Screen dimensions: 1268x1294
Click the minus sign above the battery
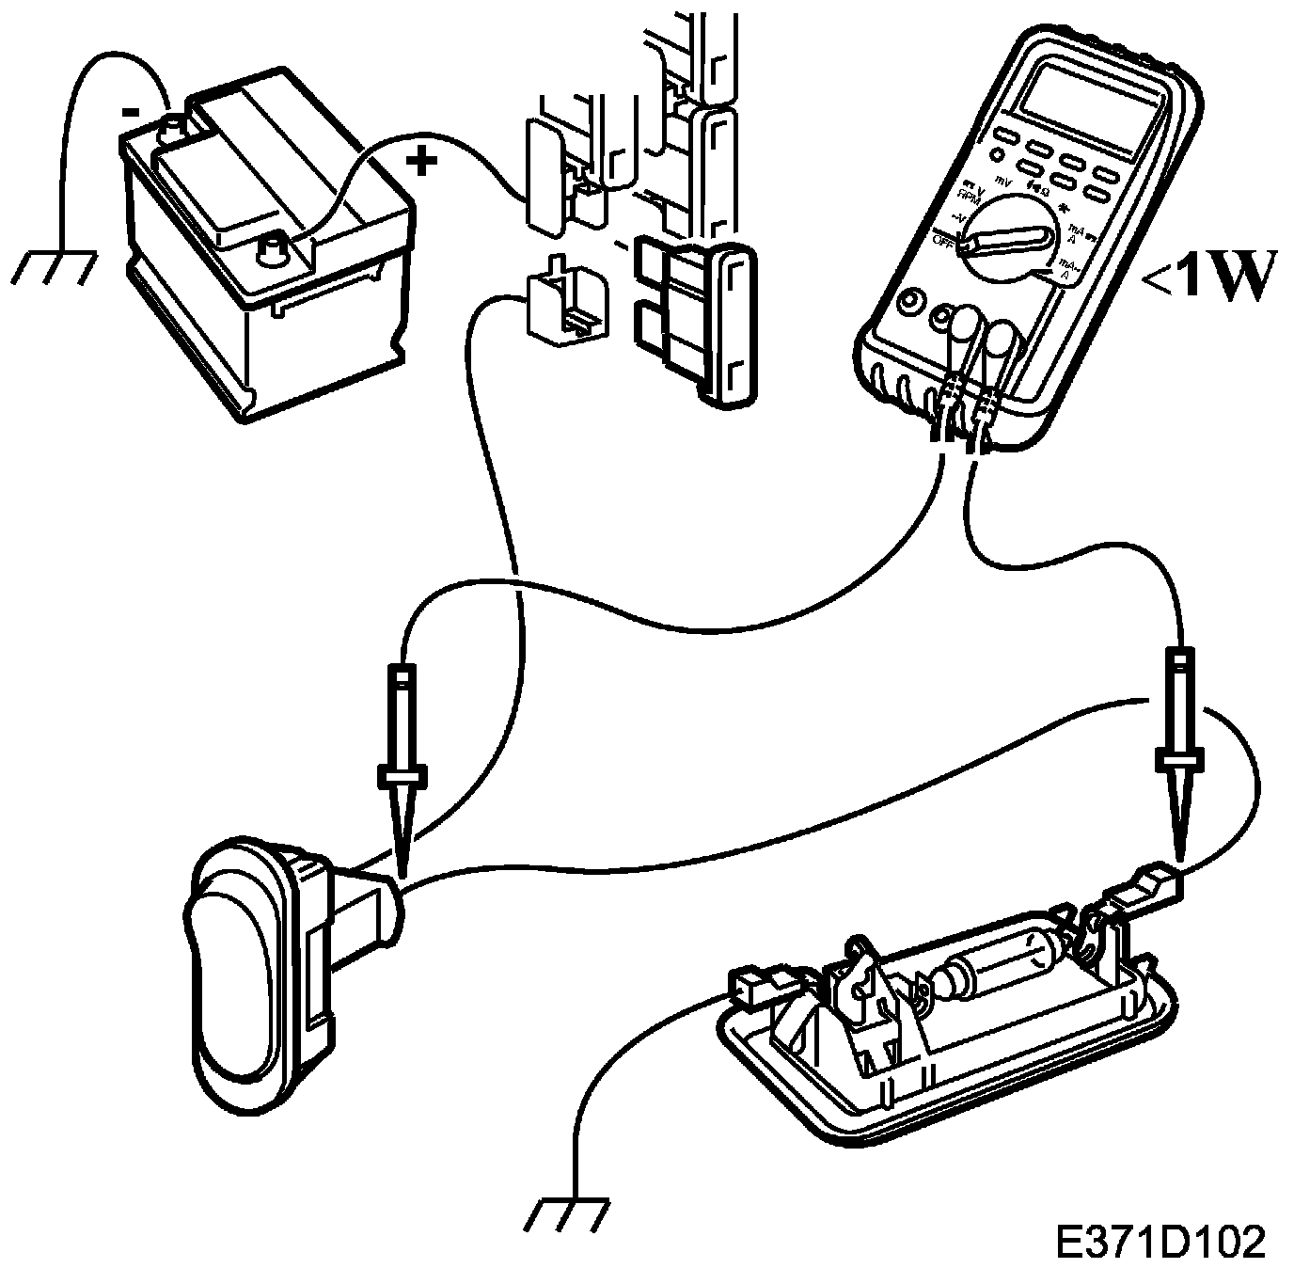132,111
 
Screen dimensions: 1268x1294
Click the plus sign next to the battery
422,162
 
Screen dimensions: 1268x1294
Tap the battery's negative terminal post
174,125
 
